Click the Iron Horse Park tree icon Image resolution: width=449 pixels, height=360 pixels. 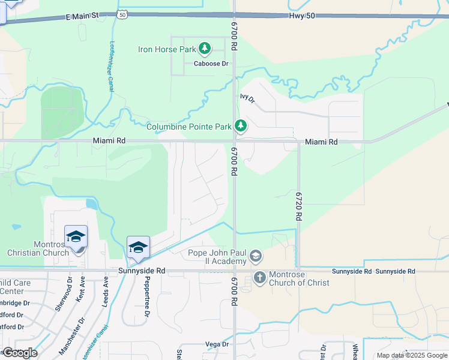tap(205, 48)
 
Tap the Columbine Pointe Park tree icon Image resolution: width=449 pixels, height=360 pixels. tap(241, 126)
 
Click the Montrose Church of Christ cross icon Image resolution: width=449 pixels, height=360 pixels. tap(259, 277)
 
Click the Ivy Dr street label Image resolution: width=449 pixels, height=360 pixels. tap(247, 98)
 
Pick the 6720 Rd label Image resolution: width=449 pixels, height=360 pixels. tap(298, 205)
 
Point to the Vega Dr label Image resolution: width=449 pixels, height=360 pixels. tap(217, 344)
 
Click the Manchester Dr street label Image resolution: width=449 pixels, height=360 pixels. tap(70, 337)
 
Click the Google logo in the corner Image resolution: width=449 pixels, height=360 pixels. tap(19, 353)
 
